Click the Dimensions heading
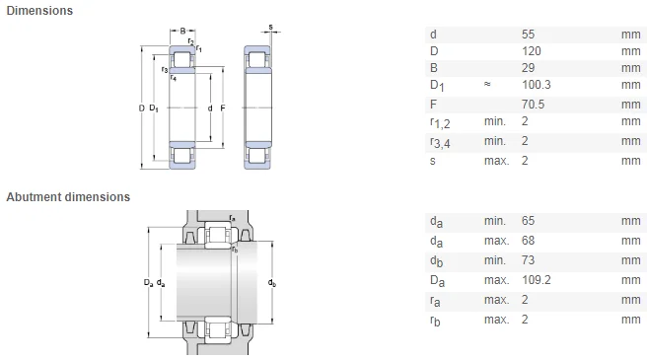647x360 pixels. (39, 10)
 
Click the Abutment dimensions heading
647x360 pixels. (68, 197)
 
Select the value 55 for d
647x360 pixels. (528, 35)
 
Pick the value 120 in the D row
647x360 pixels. (531, 51)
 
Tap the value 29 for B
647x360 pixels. (528, 68)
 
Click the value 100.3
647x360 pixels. (536, 85)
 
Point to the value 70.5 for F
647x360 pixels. (533, 104)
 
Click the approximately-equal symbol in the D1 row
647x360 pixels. (487, 84)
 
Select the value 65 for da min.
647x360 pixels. (528, 221)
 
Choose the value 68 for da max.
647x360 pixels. (528, 241)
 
